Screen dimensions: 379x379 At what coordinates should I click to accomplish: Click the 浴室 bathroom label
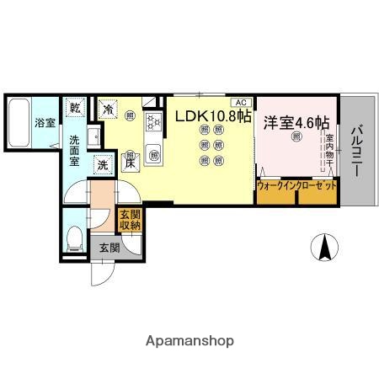(x=44, y=122)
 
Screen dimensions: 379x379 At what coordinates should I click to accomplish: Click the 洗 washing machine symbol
(x=102, y=166)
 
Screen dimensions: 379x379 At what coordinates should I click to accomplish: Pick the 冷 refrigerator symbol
(x=108, y=108)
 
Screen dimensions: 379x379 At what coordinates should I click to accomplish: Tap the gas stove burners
(x=154, y=123)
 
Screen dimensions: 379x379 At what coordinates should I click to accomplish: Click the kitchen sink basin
(x=155, y=153)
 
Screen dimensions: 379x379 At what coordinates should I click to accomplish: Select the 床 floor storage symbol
(x=131, y=165)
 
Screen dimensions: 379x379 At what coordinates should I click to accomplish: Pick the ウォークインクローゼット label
(x=297, y=184)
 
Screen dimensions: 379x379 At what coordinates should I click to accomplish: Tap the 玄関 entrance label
(x=109, y=248)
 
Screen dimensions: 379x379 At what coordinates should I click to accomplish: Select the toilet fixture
(x=73, y=237)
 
